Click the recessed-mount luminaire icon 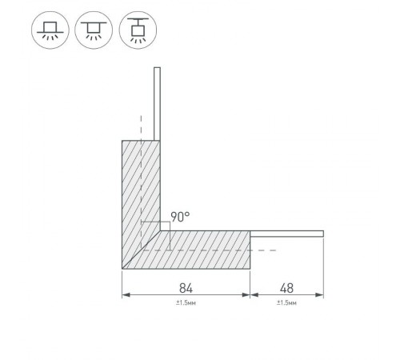[50, 30]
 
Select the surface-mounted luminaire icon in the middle [94, 30]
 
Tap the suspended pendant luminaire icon [138, 30]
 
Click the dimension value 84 [186, 288]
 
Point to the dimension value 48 [286, 288]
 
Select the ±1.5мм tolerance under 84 [186, 303]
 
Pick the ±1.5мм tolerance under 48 [286, 303]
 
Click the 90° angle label [180, 217]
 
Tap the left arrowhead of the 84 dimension [126, 295]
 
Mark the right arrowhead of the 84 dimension [246, 295]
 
